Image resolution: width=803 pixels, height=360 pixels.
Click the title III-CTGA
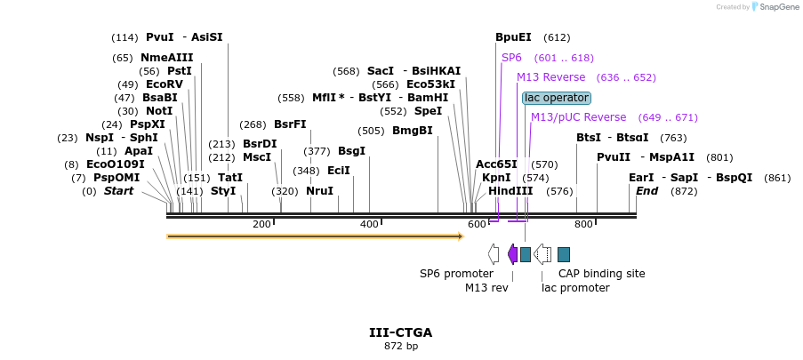[x=400, y=332]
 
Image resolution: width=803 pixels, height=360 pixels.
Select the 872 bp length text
[x=400, y=346]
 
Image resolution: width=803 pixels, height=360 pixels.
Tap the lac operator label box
[x=557, y=98]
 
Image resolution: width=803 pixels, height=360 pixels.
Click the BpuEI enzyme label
[x=513, y=37]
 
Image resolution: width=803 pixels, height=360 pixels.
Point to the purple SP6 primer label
[x=511, y=58]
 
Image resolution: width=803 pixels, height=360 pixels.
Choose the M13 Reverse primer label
[x=551, y=77]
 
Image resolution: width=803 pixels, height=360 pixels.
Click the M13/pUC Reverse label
[x=578, y=117]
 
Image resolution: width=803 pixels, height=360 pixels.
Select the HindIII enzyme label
[x=510, y=191]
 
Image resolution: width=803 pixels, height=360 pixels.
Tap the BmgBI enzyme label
[x=413, y=131]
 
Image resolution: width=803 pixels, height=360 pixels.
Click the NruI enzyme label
[x=319, y=191]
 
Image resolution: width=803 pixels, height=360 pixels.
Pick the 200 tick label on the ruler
[x=261, y=224]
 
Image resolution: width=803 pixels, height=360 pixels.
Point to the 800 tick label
[x=583, y=224]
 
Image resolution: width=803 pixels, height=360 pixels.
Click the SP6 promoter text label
[x=456, y=274]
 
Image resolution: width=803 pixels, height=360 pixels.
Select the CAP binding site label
[x=602, y=274]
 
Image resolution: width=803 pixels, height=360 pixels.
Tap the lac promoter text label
[x=575, y=288]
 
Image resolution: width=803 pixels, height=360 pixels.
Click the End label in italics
[x=646, y=191]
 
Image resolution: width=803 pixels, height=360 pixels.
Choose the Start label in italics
[x=118, y=191]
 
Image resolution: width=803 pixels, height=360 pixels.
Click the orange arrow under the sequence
[x=315, y=236]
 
